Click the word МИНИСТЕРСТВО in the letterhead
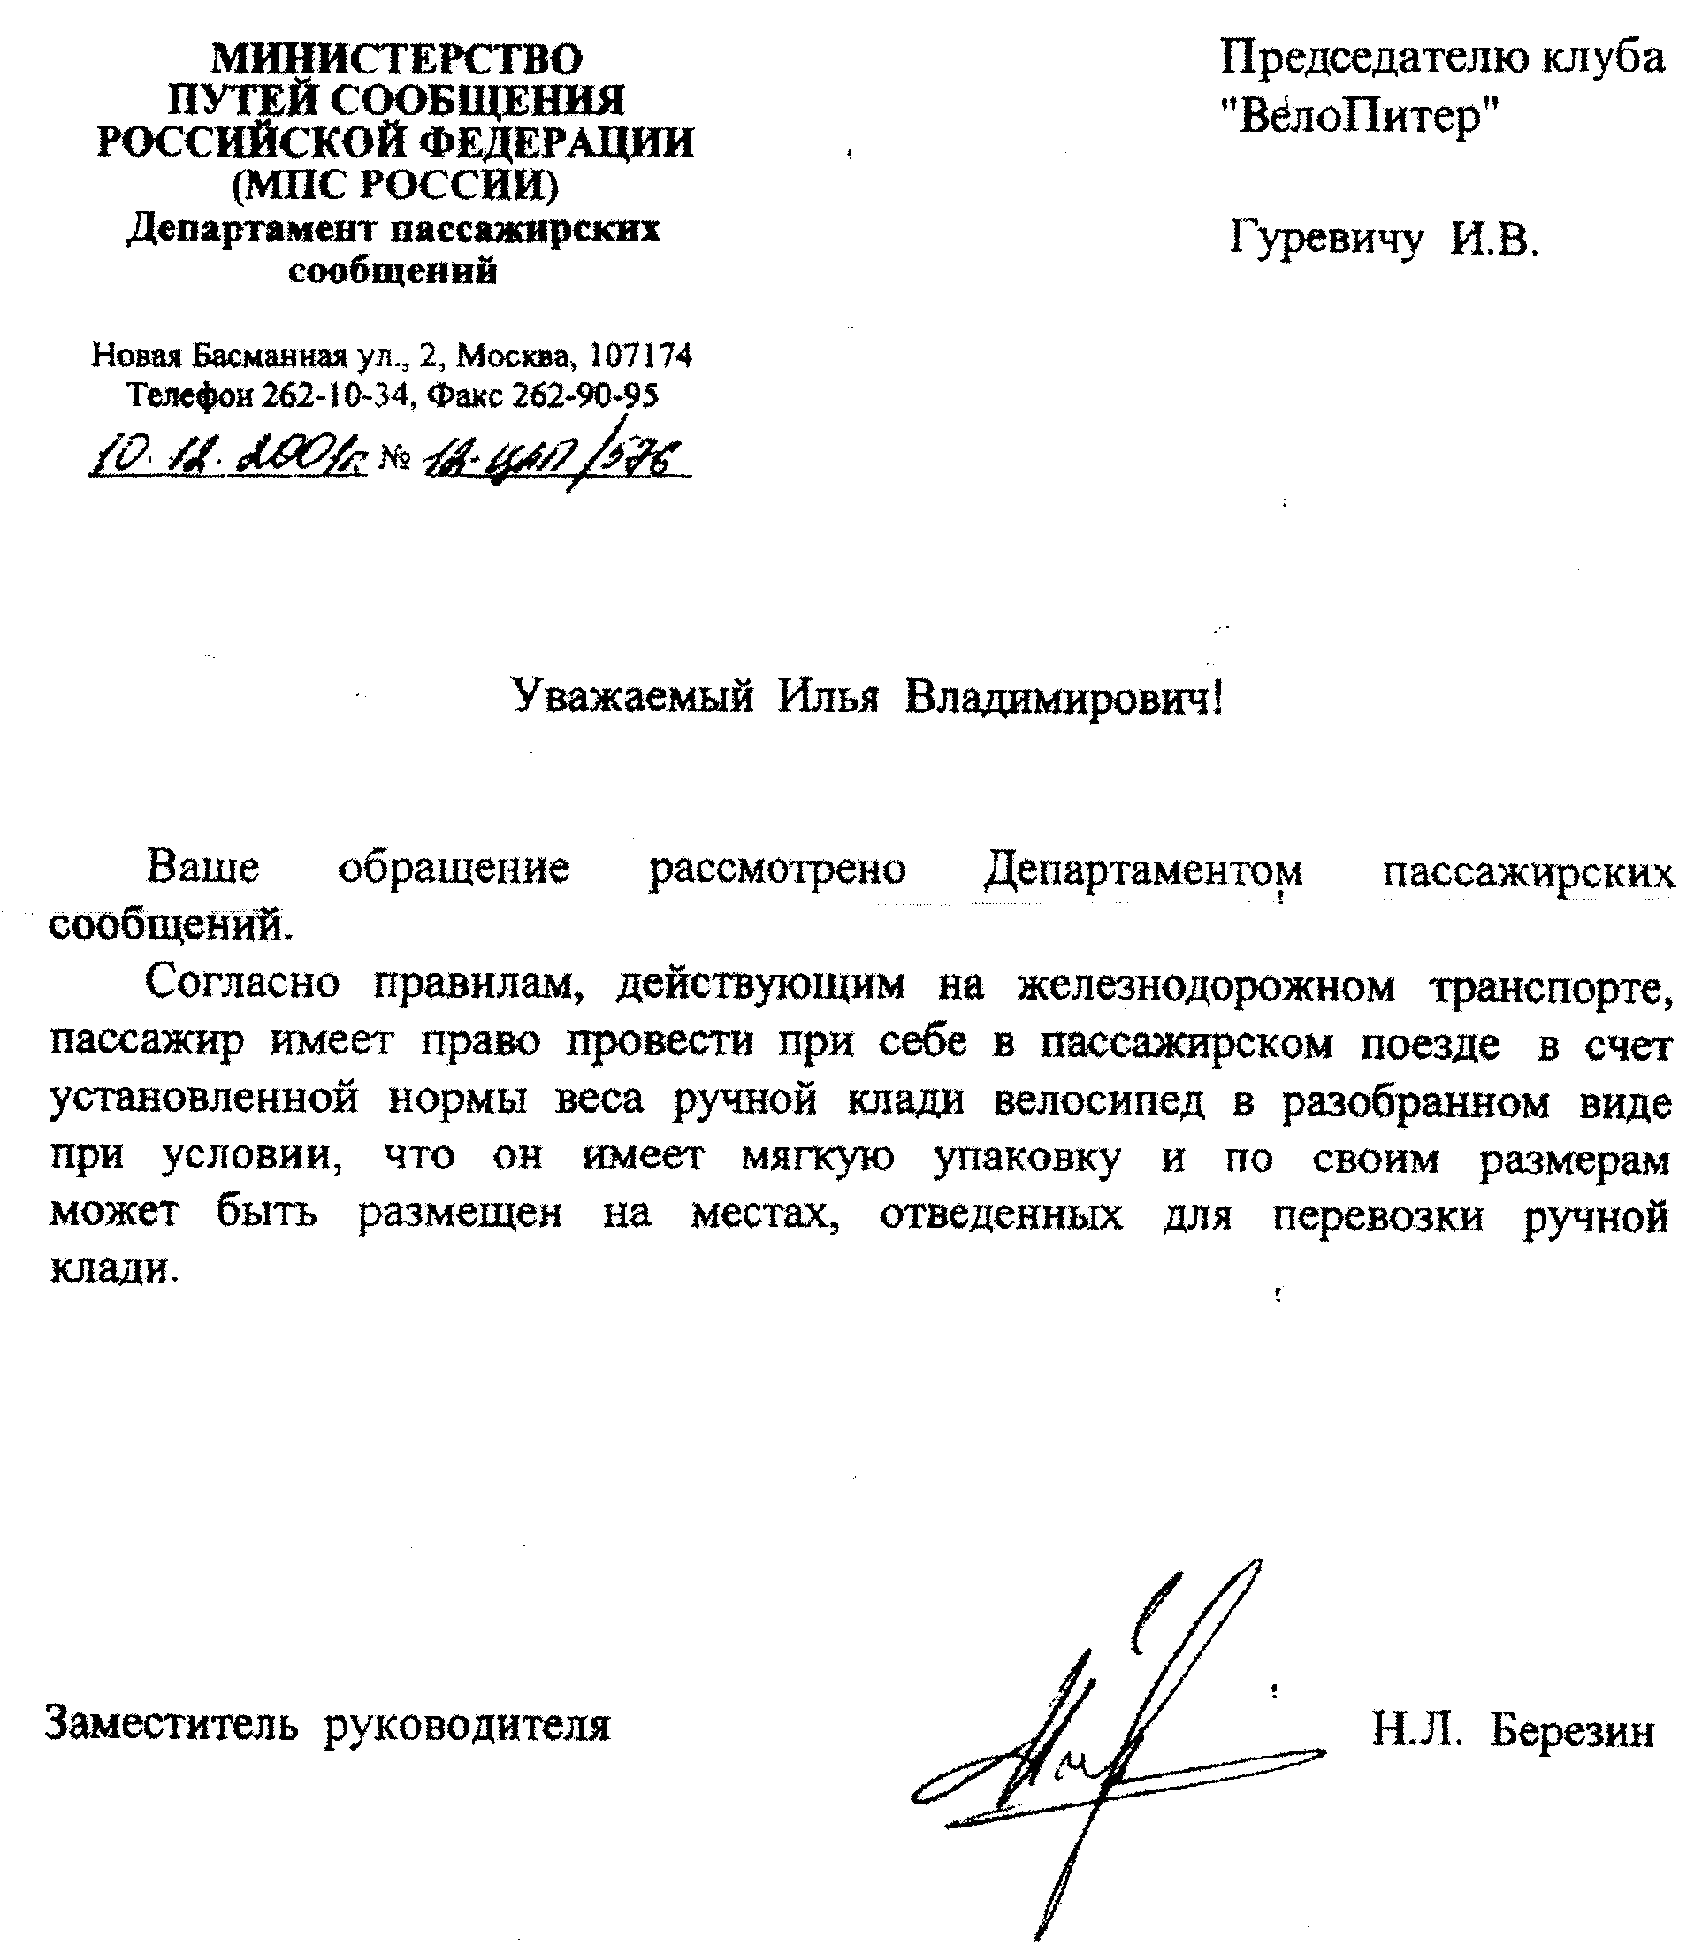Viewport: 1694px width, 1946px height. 396,59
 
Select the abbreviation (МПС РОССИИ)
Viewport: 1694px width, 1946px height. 395,184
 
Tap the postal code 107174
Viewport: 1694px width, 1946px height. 641,356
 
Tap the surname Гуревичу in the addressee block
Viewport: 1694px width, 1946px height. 1325,238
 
